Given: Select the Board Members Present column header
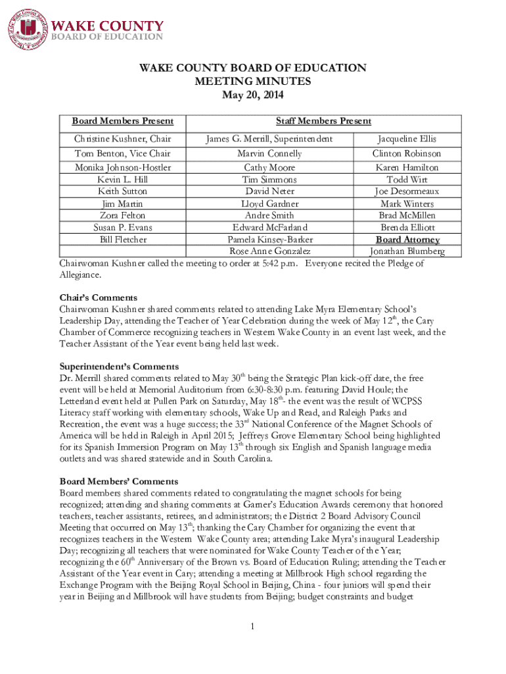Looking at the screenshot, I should coord(123,121).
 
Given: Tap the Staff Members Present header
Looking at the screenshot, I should coord(323,121).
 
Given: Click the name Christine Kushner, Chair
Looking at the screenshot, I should coord(123,139).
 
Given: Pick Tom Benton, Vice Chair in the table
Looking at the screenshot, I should coord(123,153).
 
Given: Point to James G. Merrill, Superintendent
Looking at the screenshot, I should coord(269,139).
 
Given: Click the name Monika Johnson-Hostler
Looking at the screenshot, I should coord(123,168).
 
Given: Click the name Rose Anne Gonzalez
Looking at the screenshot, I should coord(269,251).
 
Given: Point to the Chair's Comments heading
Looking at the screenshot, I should coord(99,298).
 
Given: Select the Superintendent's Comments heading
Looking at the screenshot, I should coord(119,367).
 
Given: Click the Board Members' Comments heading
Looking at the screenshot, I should coord(119,481).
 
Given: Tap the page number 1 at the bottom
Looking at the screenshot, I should coord(252,625).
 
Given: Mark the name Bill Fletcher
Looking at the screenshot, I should coord(123,240).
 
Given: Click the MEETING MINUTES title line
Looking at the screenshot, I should coord(252,81).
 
